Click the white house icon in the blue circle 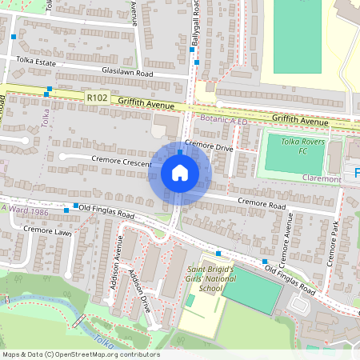click(x=180, y=173)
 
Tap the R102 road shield click(x=97, y=97)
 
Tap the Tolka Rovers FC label click(x=294, y=145)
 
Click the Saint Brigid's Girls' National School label click(x=210, y=280)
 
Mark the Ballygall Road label click(x=193, y=22)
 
